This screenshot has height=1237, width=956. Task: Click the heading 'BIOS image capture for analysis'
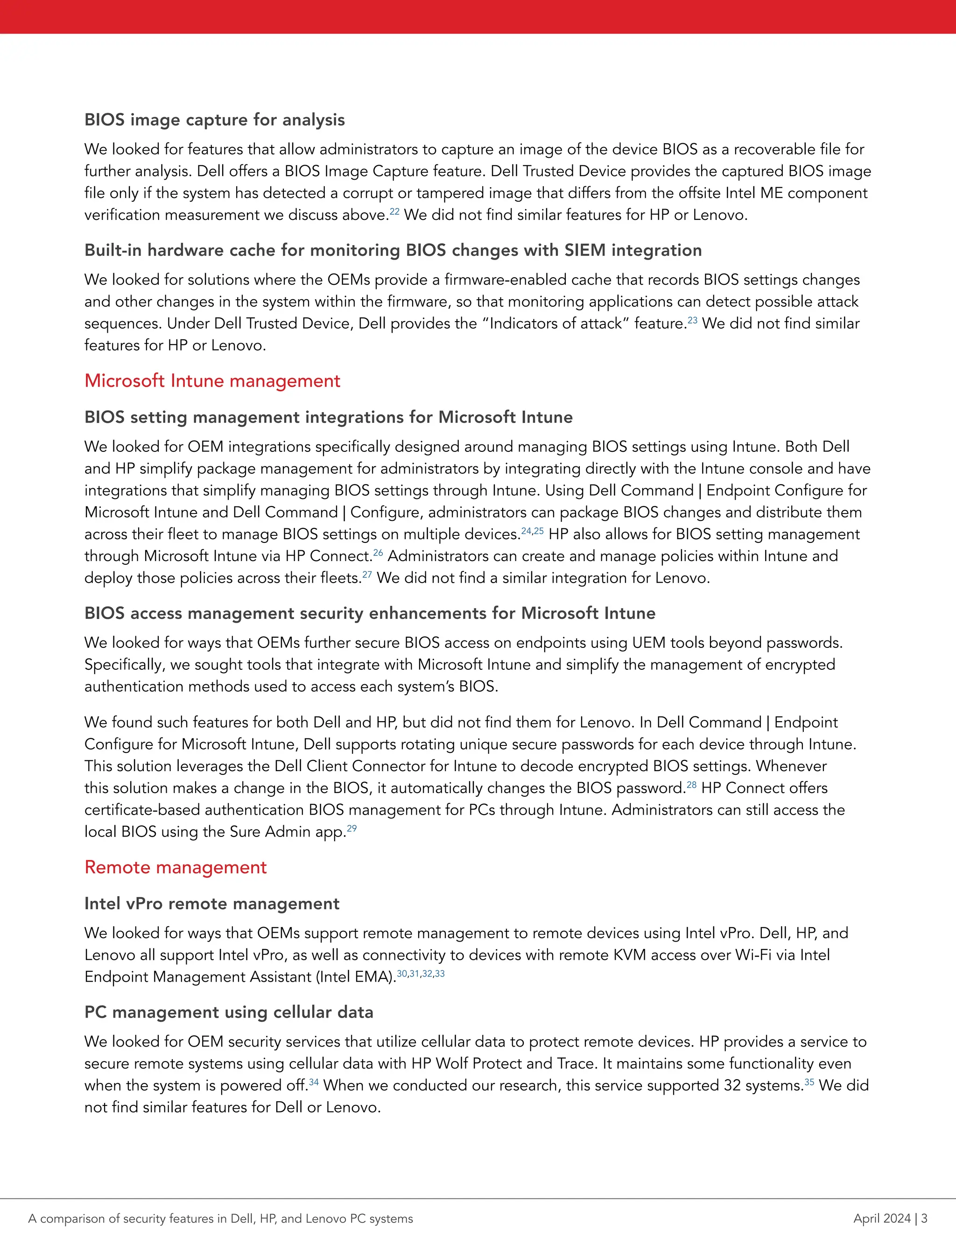pos(214,119)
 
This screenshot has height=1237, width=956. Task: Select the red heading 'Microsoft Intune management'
pos(212,380)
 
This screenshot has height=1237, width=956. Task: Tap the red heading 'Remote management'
pos(175,867)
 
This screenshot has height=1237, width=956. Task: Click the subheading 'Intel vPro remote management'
pos(211,903)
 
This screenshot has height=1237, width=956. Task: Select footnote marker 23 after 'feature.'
pos(692,320)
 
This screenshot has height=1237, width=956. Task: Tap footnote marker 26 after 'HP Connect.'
pos(378,552)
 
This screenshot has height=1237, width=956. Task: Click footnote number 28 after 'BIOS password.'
pos(691,785)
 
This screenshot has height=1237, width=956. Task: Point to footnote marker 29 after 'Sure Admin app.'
pos(351,828)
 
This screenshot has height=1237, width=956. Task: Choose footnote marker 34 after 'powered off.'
pos(313,1082)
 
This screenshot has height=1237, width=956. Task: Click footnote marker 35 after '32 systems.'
pos(809,1082)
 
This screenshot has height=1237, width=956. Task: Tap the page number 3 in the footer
pos(924,1218)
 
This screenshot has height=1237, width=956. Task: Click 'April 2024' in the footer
pos(882,1218)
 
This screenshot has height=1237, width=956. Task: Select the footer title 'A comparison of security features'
pos(220,1218)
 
